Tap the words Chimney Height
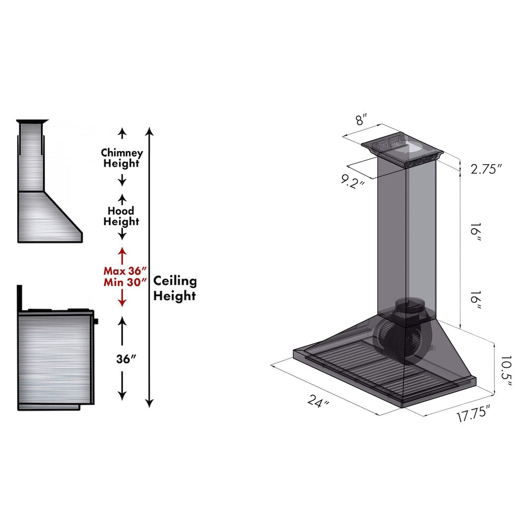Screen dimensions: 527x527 [122, 158]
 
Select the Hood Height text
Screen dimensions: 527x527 [121, 216]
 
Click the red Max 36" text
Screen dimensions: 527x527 [122, 271]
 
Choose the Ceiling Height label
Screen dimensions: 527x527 [175, 288]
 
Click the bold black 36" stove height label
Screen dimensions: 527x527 [126, 358]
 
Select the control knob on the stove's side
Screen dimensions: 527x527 [97, 320]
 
